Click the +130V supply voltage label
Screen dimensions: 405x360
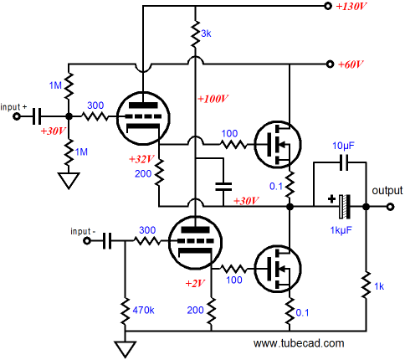(351, 6)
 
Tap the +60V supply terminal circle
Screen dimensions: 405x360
(330, 64)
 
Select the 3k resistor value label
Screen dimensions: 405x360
(206, 33)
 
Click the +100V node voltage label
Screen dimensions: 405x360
(213, 99)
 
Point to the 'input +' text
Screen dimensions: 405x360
(13, 107)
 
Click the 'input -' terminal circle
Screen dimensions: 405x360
(87, 241)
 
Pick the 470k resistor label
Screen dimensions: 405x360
(143, 310)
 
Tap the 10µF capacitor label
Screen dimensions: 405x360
(344, 146)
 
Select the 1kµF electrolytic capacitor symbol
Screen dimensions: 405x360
(345, 207)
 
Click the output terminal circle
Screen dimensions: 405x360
(390, 207)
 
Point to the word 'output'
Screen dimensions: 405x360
(387, 191)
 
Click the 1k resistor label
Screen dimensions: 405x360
(379, 286)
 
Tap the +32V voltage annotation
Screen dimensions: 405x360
(141, 159)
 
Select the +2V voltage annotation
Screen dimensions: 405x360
(195, 284)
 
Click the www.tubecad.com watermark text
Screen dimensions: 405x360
(299, 343)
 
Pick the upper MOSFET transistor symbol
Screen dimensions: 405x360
(278, 145)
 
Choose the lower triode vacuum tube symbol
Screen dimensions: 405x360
(196, 242)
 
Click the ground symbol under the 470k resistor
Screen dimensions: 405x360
(125, 350)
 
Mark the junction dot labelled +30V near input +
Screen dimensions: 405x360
(69, 116)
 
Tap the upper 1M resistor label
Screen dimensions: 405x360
(55, 85)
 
